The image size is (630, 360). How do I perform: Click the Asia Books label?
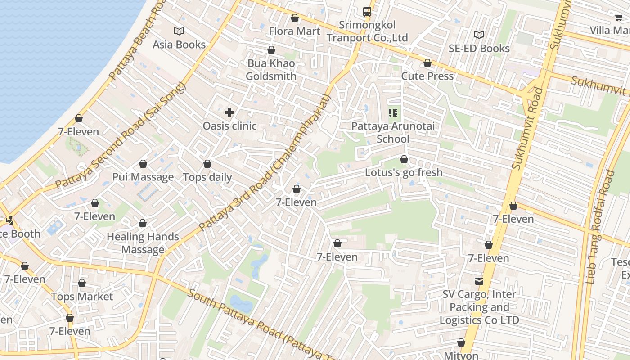pyautogui.click(x=179, y=45)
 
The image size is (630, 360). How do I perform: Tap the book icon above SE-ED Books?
pyautogui.click(x=479, y=35)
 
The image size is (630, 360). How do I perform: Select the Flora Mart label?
pyautogui.click(x=294, y=31)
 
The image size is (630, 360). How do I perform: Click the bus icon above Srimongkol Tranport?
pyautogui.click(x=367, y=12)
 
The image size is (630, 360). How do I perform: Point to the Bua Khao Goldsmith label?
pyautogui.click(x=271, y=70)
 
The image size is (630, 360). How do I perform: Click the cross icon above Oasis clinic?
pyautogui.click(x=229, y=112)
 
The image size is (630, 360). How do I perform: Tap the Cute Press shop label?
pyautogui.click(x=427, y=76)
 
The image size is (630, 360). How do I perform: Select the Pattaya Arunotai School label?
pyautogui.click(x=393, y=132)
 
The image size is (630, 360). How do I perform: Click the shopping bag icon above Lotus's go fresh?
pyautogui.click(x=404, y=159)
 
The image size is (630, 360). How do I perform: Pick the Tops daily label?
pyautogui.click(x=207, y=177)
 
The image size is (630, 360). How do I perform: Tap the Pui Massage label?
pyautogui.click(x=143, y=177)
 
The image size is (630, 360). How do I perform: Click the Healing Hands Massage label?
pyautogui.click(x=143, y=243)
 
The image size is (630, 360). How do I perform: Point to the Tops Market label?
pyautogui.click(x=82, y=297)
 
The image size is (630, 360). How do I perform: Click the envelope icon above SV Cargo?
pyautogui.click(x=479, y=281)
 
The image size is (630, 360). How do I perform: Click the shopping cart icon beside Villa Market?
pyautogui.click(x=619, y=18)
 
